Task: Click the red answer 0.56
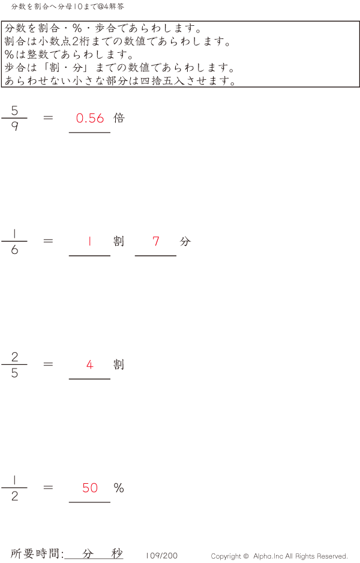[90, 118]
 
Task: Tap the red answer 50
[90, 487]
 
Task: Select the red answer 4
[90, 365]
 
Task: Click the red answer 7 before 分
[156, 241]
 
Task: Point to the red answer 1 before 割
[89, 241]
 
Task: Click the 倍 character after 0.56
[119, 118]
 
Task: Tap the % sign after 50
[119, 487]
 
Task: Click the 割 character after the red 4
[119, 364]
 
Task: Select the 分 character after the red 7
[185, 241]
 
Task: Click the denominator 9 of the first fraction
[14, 126]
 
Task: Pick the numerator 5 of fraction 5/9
[14, 110]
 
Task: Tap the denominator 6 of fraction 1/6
[14, 250]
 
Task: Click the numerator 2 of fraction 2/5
[14, 357]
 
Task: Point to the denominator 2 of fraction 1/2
[14, 496]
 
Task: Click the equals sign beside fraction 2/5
[48, 364]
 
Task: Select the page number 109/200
[161, 556]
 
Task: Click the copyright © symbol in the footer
[246, 556]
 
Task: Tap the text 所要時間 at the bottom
[35, 553]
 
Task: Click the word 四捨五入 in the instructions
[163, 80]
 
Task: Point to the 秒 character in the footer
[117, 553]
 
